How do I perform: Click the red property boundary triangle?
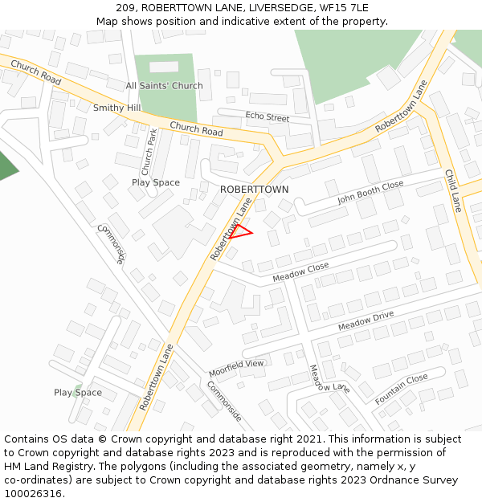240,232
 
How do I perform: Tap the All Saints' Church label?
164,86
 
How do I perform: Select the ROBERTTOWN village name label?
254,190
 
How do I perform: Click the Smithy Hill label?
116,108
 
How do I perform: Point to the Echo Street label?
267,117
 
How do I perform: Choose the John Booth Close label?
370,193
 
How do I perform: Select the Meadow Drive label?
366,320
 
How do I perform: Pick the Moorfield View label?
236,369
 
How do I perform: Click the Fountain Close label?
401,389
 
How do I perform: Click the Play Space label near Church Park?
156,182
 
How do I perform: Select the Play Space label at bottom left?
78,393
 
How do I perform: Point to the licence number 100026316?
32,493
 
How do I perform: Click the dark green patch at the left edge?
6,165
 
